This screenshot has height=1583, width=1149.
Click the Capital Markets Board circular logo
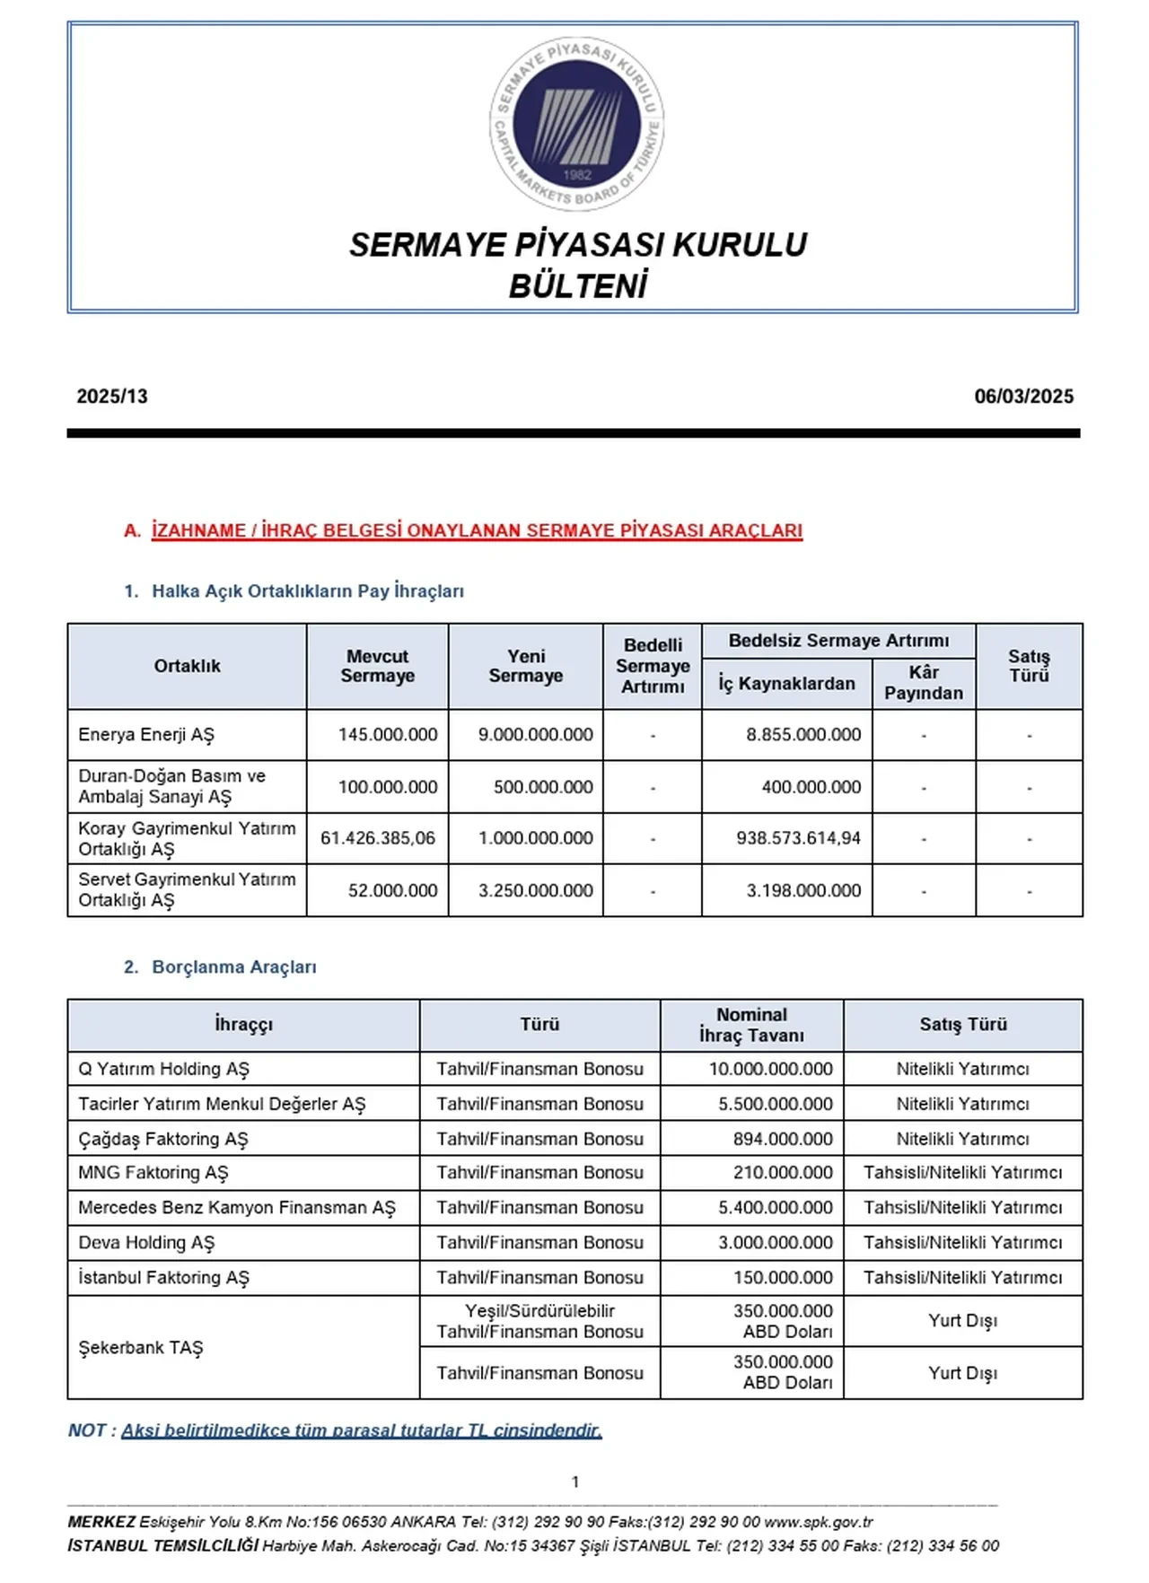point(576,124)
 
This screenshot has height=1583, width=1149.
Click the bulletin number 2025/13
point(112,397)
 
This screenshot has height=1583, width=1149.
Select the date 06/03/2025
point(1023,397)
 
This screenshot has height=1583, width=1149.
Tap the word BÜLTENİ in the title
point(577,286)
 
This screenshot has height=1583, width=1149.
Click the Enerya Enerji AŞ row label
point(146,735)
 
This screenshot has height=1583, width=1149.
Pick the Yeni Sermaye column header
point(525,666)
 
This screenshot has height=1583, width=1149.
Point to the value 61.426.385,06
point(378,838)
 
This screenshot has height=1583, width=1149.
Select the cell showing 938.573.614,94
point(798,838)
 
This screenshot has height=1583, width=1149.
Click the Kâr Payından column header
point(923,683)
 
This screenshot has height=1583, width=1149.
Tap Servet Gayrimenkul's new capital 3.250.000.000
point(535,890)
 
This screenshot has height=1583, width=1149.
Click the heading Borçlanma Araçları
point(234,967)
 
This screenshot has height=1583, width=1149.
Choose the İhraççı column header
point(243,1025)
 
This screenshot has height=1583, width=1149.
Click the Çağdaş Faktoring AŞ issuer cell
point(162,1139)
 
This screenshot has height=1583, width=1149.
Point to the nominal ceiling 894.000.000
point(783,1139)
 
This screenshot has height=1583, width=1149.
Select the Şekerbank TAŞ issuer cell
point(141,1348)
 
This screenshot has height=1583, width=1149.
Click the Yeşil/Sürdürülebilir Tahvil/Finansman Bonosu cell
point(539,1321)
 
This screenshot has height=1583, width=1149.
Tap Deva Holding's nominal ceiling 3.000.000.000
point(776,1243)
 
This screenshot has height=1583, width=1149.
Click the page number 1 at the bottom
point(575,1482)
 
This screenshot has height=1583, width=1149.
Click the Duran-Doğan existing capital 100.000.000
point(388,787)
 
